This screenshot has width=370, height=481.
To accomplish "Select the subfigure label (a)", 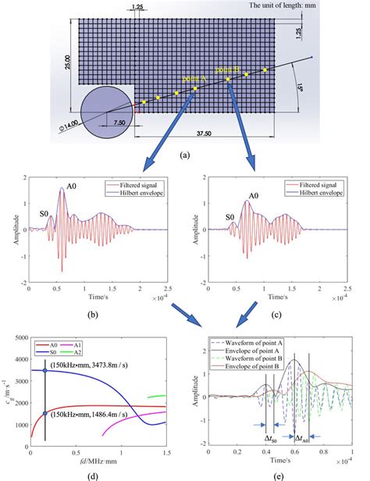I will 184,155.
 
